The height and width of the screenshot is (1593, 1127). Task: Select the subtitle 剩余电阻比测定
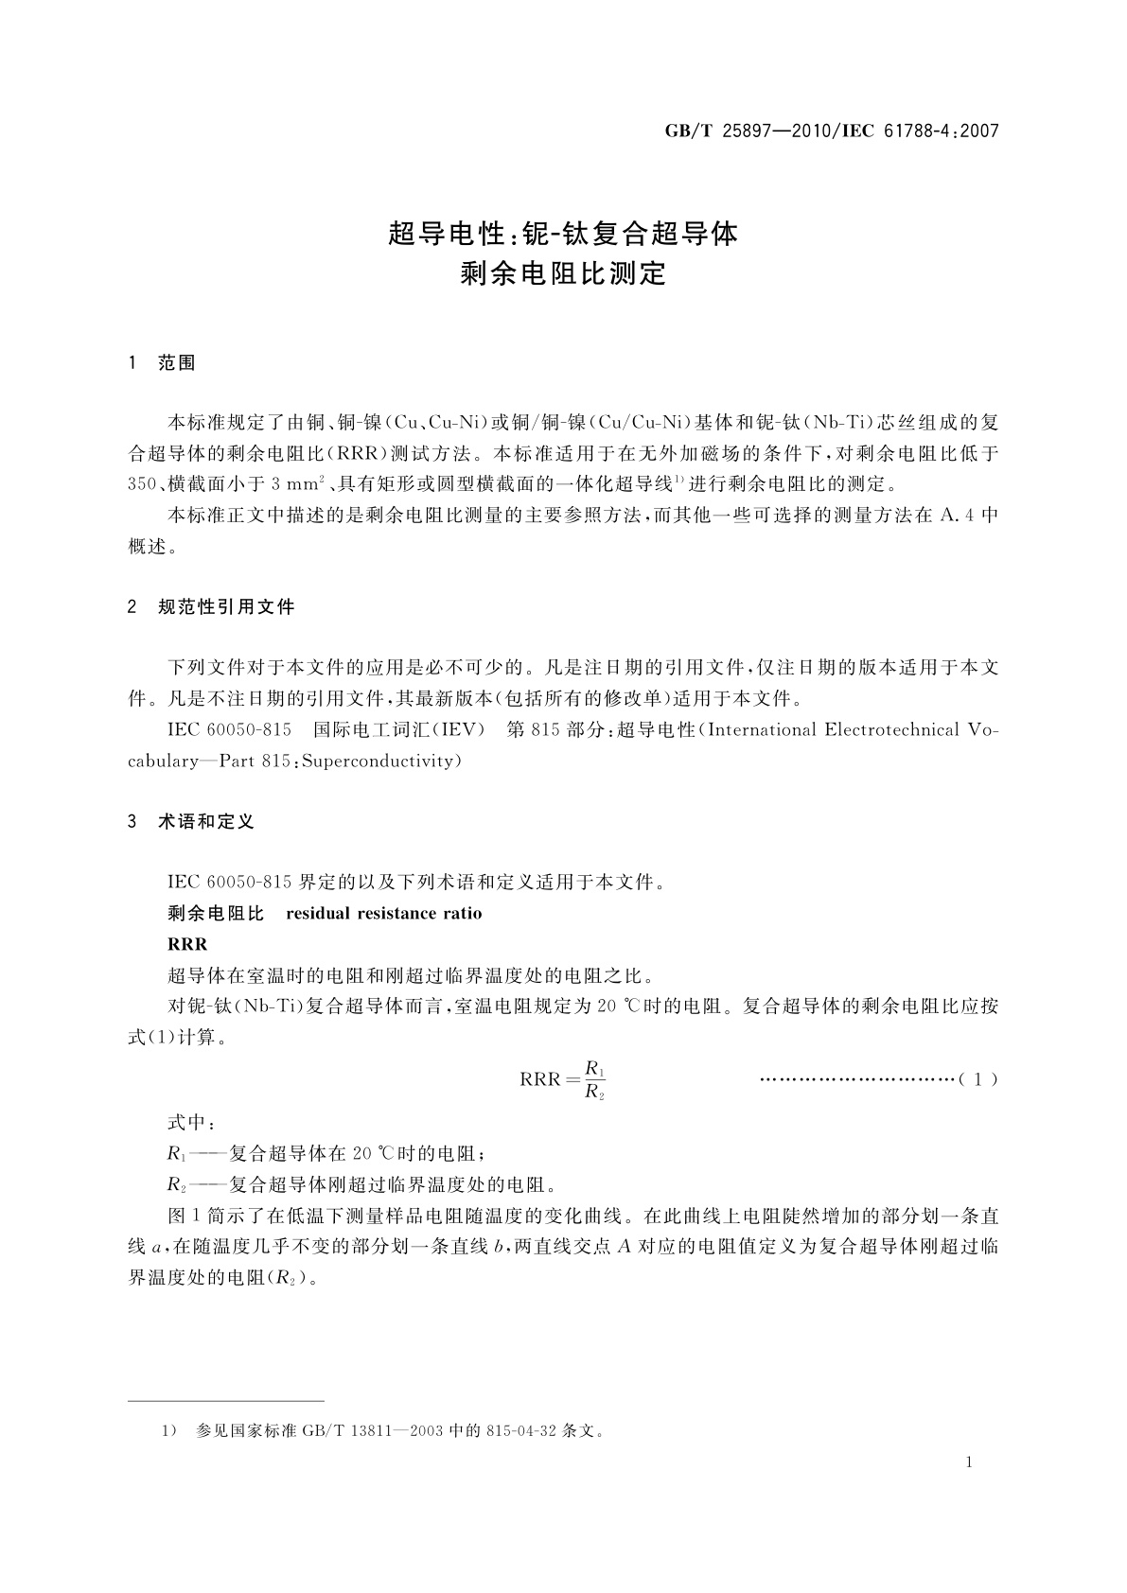tap(563, 274)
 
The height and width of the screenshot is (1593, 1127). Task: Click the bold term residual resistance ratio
tap(383, 913)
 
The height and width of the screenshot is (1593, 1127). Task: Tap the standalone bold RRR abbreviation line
tap(186, 944)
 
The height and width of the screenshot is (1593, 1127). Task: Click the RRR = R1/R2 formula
tap(563, 1079)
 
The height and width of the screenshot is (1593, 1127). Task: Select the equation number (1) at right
tap(978, 1078)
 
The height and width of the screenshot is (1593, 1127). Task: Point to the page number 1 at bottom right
tap(970, 1462)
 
